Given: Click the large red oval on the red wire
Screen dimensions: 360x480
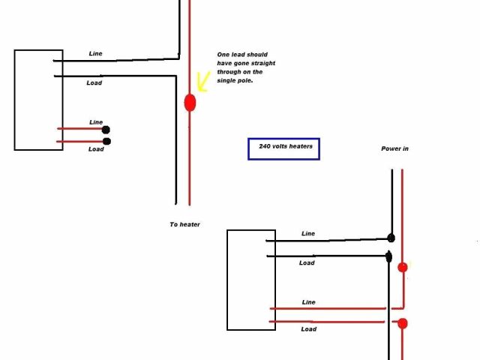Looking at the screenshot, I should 190,103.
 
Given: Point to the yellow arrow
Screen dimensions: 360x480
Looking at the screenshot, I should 201,80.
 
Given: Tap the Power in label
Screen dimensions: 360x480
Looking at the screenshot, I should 394,149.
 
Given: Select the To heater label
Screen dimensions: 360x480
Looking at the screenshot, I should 185,224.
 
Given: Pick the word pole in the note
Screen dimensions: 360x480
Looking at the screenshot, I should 244,80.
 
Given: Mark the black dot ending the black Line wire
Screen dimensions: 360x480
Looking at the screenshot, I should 391,238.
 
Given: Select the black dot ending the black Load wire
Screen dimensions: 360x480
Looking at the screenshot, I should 388,256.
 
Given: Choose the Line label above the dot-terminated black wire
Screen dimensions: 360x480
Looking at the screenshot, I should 308,234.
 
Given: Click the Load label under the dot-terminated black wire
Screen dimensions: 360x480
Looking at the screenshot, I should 307,263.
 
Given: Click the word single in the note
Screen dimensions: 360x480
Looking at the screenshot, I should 227,80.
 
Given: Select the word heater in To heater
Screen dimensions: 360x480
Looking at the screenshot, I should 190,224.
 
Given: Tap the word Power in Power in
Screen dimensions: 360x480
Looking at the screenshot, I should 390,149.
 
